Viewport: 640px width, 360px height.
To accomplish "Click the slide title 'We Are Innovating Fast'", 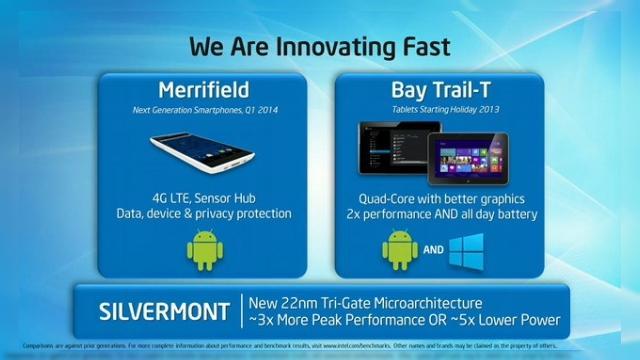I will click(x=320, y=45).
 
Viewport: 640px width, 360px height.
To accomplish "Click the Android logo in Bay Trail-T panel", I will click(x=400, y=249).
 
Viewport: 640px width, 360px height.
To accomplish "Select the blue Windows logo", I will click(x=466, y=250).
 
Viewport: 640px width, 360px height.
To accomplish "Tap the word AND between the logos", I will click(x=433, y=252).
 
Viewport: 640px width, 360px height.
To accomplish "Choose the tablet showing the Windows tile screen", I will click(x=467, y=160).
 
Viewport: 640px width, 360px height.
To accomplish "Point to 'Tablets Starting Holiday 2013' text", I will click(x=439, y=110).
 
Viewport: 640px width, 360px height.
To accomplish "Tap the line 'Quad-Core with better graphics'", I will click(x=439, y=197).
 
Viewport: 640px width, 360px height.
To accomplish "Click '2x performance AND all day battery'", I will click(x=439, y=213).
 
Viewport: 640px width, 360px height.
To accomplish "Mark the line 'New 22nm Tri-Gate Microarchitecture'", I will click(x=379, y=302).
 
